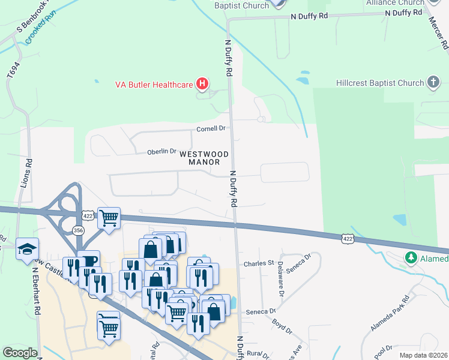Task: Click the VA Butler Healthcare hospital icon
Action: coord(202,84)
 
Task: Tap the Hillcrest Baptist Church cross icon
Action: coord(433,83)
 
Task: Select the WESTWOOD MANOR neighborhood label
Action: coord(204,158)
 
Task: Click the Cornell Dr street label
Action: coord(211,128)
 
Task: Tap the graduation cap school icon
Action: coord(27,248)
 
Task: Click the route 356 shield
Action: coord(78,230)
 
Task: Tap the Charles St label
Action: coord(258,263)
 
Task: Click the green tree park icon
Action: coord(411,259)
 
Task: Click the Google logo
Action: coord(20,353)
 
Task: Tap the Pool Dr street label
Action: coord(382,349)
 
